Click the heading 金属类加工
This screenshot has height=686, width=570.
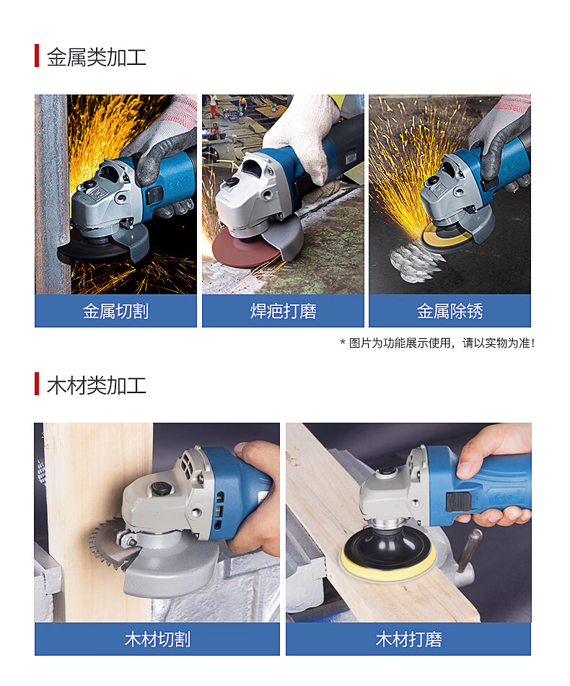click(x=96, y=57)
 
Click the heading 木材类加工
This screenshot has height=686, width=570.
click(x=96, y=385)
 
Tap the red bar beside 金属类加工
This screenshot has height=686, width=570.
click(x=37, y=56)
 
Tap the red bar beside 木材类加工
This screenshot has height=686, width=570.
click(x=37, y=384)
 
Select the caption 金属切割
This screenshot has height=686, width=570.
click(x=115, y=311)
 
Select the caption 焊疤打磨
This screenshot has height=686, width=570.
click(x=283, y=311)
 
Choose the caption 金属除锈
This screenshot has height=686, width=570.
click(x=450, y=311)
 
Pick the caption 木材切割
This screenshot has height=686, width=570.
click(x=157, y=639)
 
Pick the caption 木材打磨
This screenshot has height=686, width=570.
click(x=408, y=639)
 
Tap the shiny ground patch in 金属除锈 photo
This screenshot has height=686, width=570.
click(x=415, y=262)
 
